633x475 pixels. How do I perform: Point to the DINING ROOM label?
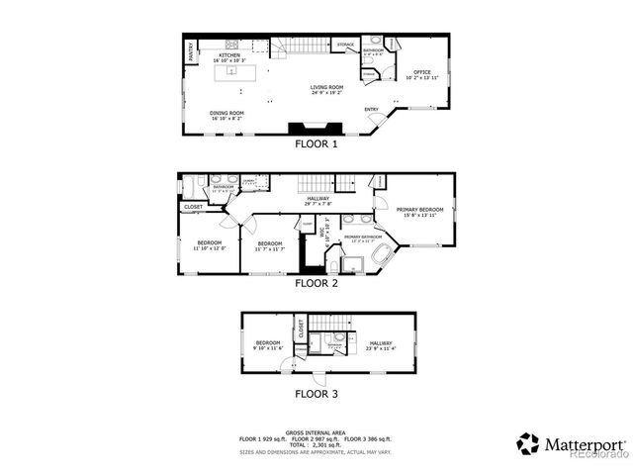226,113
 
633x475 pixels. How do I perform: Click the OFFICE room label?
422,72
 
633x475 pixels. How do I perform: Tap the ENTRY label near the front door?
371,109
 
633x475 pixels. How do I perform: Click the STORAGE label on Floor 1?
345,45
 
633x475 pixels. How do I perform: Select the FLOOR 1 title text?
316,143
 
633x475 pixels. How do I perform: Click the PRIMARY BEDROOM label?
419,210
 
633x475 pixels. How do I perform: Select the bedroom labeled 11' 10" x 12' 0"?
209,243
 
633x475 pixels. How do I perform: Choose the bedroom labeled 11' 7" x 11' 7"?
270,243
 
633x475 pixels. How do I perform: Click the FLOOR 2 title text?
316,283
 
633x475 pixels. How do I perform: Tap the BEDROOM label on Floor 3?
268,343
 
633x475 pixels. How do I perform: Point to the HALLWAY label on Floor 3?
381,343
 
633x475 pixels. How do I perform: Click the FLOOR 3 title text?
316,393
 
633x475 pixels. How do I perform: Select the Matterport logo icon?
528,443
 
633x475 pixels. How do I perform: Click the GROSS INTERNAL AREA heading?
316,432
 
